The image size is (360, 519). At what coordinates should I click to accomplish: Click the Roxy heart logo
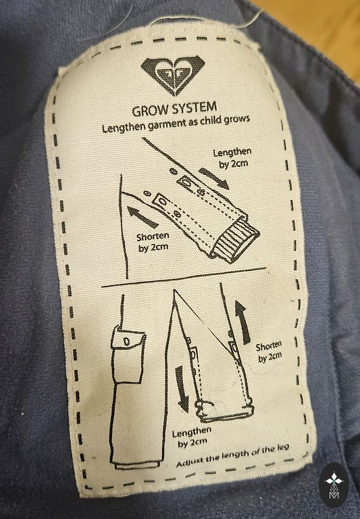pos(173,74)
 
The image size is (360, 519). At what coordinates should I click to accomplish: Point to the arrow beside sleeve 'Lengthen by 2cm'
pos(213,178)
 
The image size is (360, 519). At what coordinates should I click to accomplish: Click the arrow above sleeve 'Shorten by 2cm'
pos(143,216)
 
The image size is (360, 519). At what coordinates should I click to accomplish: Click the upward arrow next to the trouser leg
pos(242,322)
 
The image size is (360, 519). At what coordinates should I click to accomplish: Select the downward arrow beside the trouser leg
pos(182,389)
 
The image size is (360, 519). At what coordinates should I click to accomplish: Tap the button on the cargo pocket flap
pos(126,341)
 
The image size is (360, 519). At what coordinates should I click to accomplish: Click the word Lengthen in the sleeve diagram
pos(232,153)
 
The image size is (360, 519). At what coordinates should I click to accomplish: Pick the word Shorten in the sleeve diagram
pos(153,237)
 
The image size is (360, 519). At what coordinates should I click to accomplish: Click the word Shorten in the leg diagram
pos(268,347)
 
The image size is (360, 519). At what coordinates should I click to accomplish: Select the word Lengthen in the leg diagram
pos(191,432)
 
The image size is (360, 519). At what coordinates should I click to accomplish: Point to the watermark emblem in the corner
pos(334,485)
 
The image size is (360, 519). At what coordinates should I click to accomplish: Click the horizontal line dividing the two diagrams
pos(184,277)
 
